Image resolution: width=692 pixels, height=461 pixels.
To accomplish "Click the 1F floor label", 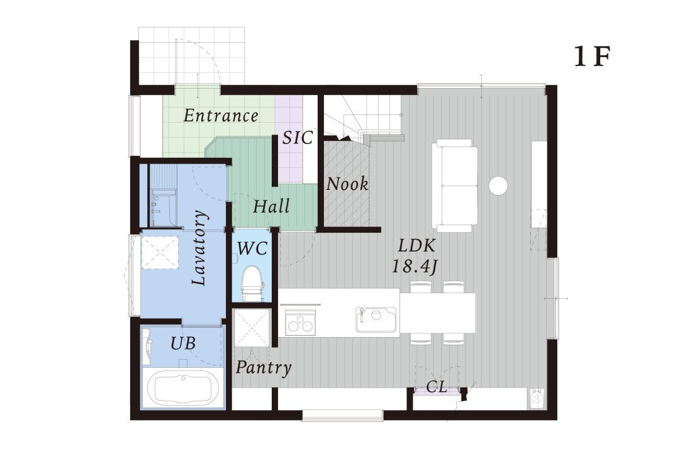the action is point(592,56).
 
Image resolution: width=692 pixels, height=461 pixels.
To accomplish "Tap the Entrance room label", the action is point(221,116).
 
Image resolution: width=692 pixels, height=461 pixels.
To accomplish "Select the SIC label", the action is point(298,138).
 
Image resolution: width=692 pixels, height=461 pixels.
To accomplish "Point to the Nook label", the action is point(347,184).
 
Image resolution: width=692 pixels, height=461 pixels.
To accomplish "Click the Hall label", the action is point(271,206).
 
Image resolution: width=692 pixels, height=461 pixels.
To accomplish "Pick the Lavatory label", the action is point(199,248).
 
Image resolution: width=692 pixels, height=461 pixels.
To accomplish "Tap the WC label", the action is point(252,248).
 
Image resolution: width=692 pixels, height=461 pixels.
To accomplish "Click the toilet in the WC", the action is point(252,283).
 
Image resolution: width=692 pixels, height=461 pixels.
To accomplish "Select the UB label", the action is point(183,343).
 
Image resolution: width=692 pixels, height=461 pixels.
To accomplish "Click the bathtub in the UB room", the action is point(182,387).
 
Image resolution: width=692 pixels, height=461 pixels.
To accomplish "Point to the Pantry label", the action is point(264,367).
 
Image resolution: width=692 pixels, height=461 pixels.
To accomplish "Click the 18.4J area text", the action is point(415,266).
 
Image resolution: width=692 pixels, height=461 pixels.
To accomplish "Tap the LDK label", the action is point(416,245).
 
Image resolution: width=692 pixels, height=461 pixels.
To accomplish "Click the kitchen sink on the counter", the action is point(376,319).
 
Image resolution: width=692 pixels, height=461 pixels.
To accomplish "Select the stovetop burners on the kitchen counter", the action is point(300,321).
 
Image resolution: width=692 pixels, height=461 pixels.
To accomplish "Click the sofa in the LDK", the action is point(457,186).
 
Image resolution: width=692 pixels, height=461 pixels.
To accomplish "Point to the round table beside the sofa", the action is point(498,186).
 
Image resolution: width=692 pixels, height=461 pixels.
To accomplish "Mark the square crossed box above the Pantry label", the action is point(251,328).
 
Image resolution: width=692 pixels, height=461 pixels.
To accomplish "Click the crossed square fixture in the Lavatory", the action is point(160,252).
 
